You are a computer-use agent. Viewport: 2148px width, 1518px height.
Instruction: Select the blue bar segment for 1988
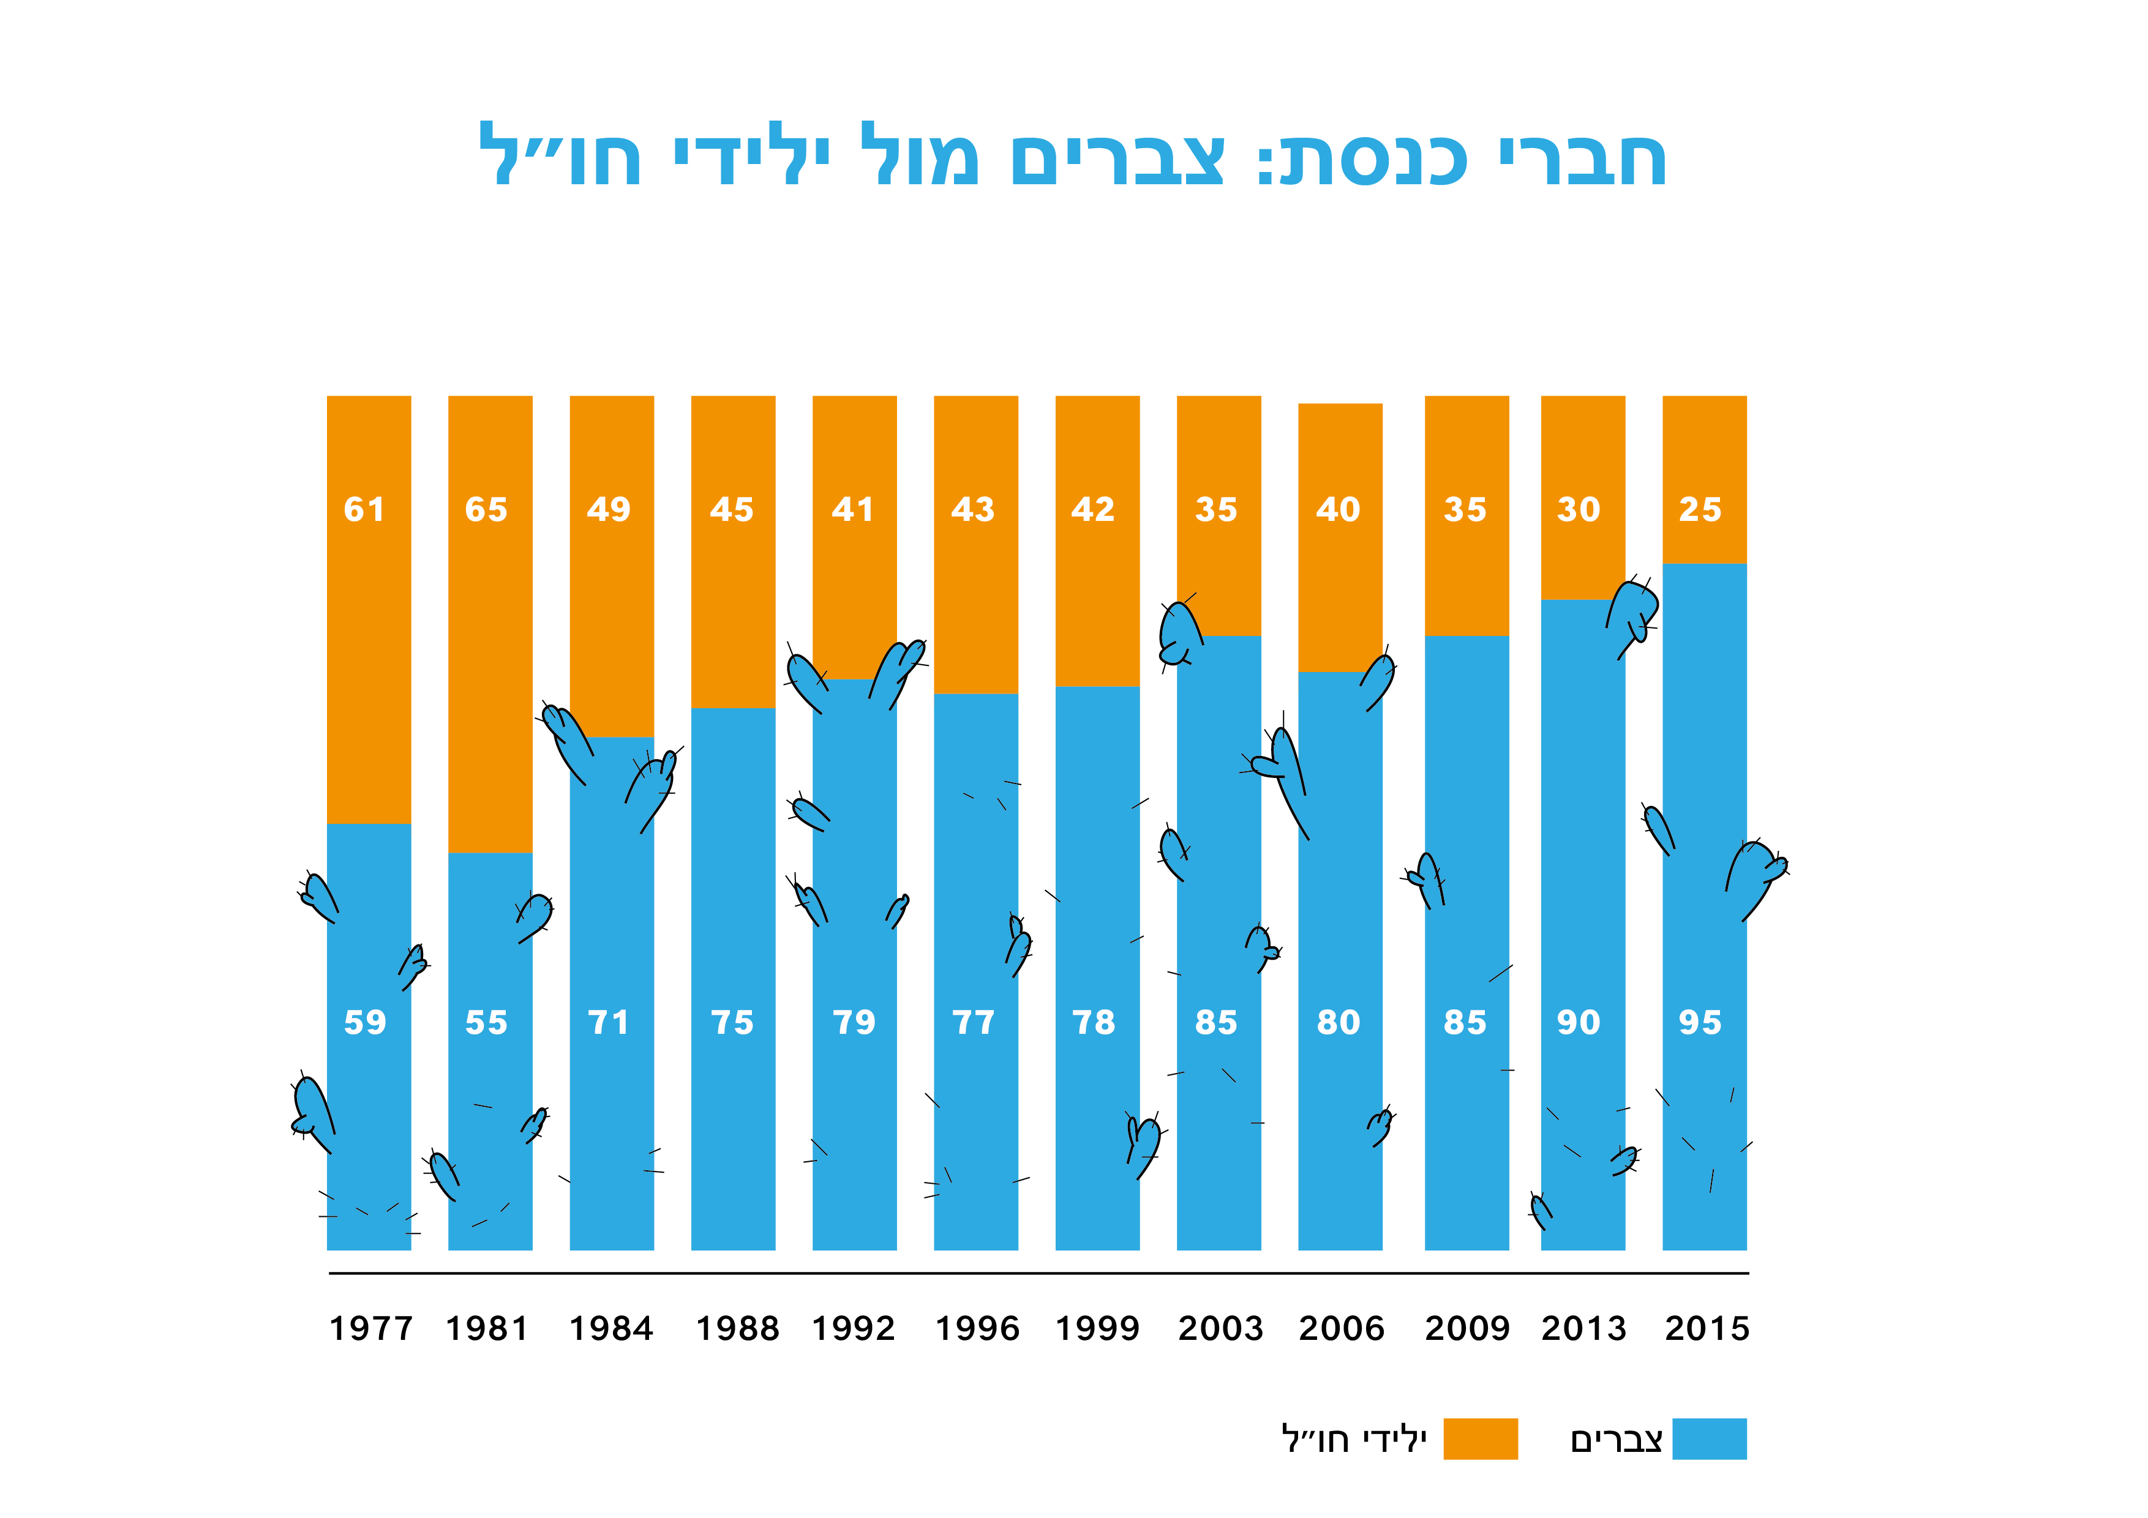point(732,935)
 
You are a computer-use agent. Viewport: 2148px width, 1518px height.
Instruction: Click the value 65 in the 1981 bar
point(486,510)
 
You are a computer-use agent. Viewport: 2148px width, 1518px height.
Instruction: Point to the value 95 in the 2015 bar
point(1700,1022)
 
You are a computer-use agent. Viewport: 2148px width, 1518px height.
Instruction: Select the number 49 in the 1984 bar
point(609,510)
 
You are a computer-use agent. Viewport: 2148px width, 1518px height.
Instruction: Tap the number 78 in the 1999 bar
point(1094,1022)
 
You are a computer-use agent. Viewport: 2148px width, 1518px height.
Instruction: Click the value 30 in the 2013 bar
point(1579,510)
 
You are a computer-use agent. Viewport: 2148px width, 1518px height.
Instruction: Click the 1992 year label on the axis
point(853,1329)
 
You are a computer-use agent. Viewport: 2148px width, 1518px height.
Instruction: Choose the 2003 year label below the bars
point(1220,1329)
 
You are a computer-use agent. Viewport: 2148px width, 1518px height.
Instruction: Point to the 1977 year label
point(370,1329)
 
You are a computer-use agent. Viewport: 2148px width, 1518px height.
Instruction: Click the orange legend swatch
point(1480,1438)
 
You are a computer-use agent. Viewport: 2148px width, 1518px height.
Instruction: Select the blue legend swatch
point(1708,1438)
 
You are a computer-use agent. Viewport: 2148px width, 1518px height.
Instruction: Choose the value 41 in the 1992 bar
point(853,510)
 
